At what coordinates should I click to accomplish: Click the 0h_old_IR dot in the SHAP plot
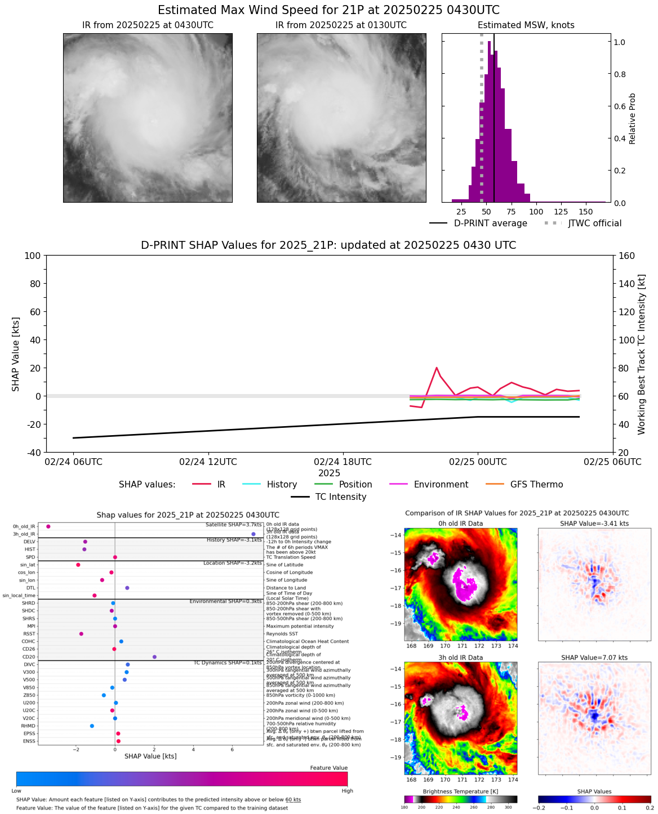(48, 526)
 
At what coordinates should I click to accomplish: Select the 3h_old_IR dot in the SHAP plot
(254, 534)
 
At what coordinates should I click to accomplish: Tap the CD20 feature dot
(154, 657)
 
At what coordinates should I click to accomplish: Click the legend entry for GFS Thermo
(536, 485)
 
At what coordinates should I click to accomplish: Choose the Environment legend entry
(441, 485)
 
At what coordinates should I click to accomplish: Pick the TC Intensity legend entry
(340, 497)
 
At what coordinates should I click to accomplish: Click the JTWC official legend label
(594, 223)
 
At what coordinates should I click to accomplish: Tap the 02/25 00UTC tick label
(478, 462)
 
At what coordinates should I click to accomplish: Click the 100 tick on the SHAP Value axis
(33, 256)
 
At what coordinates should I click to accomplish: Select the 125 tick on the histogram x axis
(561, 212)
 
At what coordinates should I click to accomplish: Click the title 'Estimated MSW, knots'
(526, 25)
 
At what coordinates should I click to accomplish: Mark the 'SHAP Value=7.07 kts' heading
(594, 658)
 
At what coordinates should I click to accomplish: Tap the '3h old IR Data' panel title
(460, 658)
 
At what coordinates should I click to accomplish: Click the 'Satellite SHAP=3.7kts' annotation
(233, 525)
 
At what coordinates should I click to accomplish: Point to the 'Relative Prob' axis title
(632, 118)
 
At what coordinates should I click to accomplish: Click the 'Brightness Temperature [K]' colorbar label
(460, 791)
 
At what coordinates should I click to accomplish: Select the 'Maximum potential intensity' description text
(300, 626)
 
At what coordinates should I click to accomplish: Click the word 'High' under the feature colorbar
(348, 791)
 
